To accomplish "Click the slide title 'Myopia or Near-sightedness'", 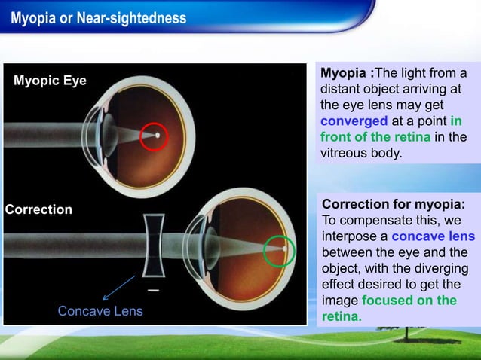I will [x=98, y=17].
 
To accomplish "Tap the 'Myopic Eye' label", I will [x=50, y=81].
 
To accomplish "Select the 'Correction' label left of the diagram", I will [x=38, y=209].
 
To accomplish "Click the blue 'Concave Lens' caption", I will [x=100, y=311].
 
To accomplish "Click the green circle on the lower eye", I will [x=280, y=250].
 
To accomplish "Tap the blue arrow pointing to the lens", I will [x=118, y=287].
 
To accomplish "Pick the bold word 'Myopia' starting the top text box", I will [x=345, y=73].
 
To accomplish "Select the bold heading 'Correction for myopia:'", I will [x=393, y=206].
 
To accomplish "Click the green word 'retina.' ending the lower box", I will [x=342, y=316].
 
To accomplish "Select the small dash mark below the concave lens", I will [x=153, y=289].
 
